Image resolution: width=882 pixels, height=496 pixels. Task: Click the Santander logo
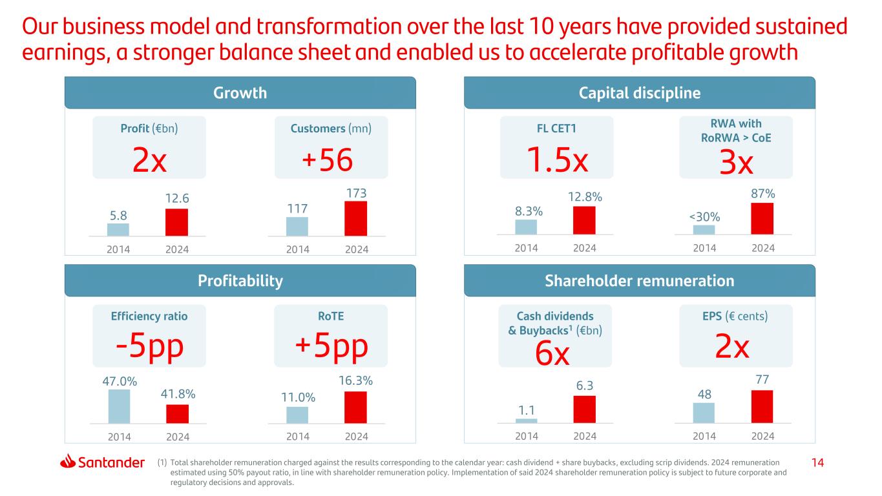pyautogui.click(x=102, y=462)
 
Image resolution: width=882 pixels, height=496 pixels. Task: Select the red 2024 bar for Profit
pyautogui.click(x=176, y=222)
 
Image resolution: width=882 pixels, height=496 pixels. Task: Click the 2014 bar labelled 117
pyautogui.click(x=297, y=226)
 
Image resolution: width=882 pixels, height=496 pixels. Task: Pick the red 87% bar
pyautogui.click(x=762, y=218)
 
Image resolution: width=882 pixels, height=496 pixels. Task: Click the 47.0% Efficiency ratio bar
pyautogui.click(x=119, y=406)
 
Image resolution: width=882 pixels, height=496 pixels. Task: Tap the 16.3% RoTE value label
pyautogui.click(x=355, y=382)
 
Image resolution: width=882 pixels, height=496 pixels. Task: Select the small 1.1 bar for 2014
pyautogui.click(x=526, y=420)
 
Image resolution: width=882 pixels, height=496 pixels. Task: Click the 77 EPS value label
pyautogui.click(x=762, y=379)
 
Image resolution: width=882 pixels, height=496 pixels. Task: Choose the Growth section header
pyautogui.click(x=240, y=93)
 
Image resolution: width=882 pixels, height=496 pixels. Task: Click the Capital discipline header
pyautogui.click(x=640, y=93)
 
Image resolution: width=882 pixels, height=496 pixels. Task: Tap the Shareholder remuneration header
pyautogui.click(x=640, y=281)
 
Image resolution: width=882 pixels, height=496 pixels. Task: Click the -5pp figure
pyautogui.click(x=149, y=347)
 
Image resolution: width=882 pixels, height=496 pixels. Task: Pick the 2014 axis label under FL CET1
pyautogui.click(x=526, y=249)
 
